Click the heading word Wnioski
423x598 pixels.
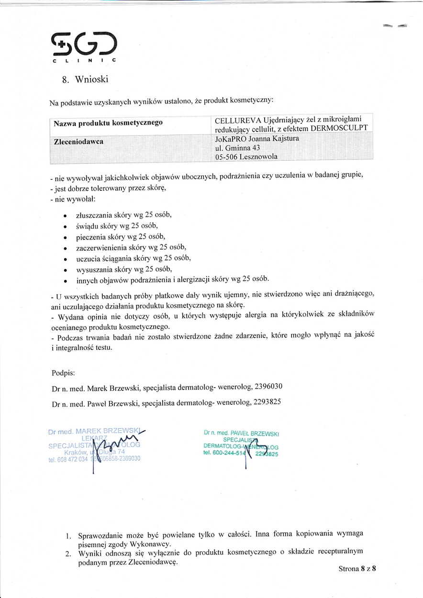pos(92,79)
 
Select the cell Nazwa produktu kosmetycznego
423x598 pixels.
pos(108,123)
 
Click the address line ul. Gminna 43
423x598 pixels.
pos(237,148)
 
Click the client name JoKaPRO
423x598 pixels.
pos(231,139)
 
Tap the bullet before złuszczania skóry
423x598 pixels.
pos(65,216)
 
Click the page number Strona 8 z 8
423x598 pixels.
pos(357,569)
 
